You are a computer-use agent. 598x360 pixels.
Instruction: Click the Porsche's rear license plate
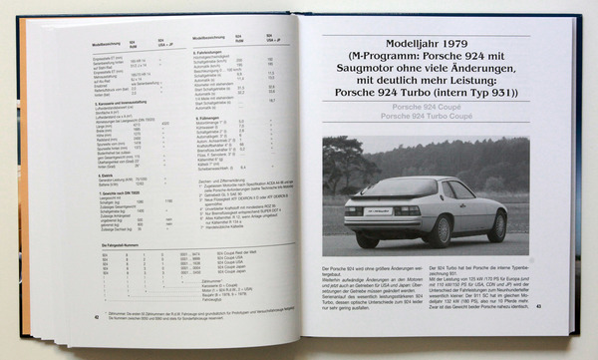click(384, 210)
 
